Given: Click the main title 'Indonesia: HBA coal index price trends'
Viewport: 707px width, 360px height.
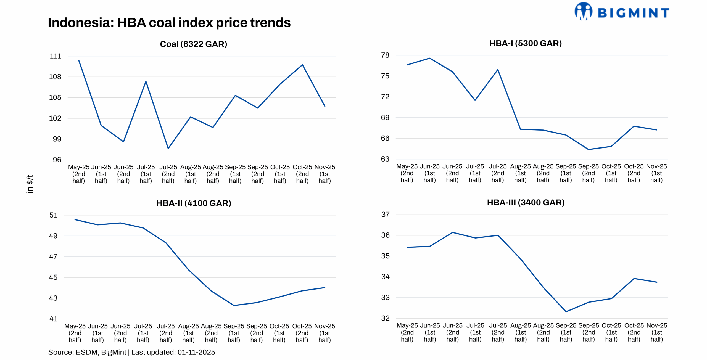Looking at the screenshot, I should [x=169, y=23].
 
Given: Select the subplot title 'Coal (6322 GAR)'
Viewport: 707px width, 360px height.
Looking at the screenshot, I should [x=193, y=44].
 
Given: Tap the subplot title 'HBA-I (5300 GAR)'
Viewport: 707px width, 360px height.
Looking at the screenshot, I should [x=525, y=43].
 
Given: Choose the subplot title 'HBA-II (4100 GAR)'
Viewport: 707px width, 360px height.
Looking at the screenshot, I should [x=193, y=203].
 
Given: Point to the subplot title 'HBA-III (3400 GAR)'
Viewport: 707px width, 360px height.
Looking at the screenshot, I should [x=526, y=203].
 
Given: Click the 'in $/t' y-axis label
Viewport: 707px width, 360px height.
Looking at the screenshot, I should [x=30, y=184].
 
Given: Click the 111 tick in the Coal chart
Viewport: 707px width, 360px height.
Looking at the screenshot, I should [x=56, y=56].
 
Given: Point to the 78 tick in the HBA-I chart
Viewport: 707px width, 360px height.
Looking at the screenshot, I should [x=385, y=55].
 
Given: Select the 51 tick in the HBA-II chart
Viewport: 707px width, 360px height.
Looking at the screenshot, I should [x=54, y=215].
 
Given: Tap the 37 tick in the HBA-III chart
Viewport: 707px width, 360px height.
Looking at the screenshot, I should [x=385, y=215].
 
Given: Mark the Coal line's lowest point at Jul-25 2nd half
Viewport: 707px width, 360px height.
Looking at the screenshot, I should [x=168, y=149].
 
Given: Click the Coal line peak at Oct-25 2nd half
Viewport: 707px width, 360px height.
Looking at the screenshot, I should [x=302, y=65].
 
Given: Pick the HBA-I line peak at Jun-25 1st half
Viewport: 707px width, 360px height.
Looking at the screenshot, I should [x=430, y=58].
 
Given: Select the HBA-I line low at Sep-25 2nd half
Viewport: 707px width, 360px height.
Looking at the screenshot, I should [x=589, y=150].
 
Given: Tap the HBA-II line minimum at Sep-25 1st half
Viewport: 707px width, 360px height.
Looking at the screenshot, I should [x=234, y=305].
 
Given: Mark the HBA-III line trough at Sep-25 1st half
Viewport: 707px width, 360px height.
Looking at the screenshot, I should [x=566, y=312].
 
